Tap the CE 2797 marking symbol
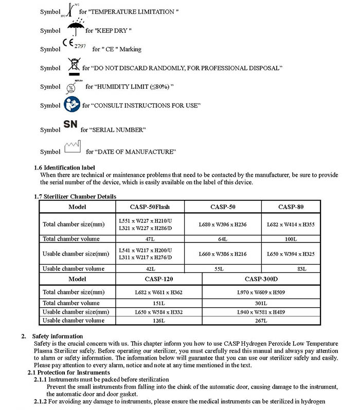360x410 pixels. (x=74, y=46)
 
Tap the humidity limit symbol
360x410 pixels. (x=71, y=86)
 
